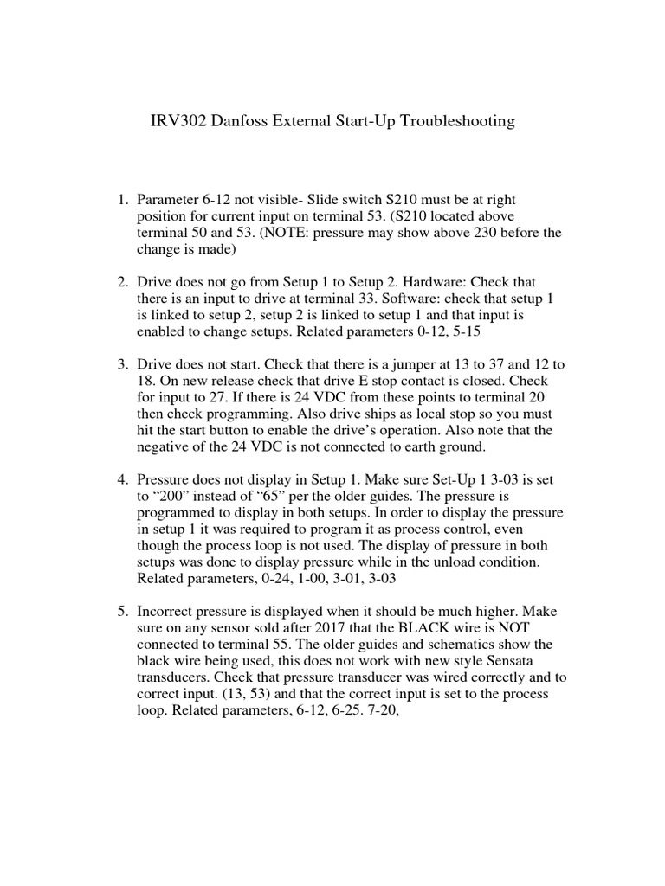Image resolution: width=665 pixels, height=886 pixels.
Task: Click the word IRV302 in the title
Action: point(179,121)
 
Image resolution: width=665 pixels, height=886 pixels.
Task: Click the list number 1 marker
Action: point(122,201)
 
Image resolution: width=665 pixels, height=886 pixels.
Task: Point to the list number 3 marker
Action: point(122,365)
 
